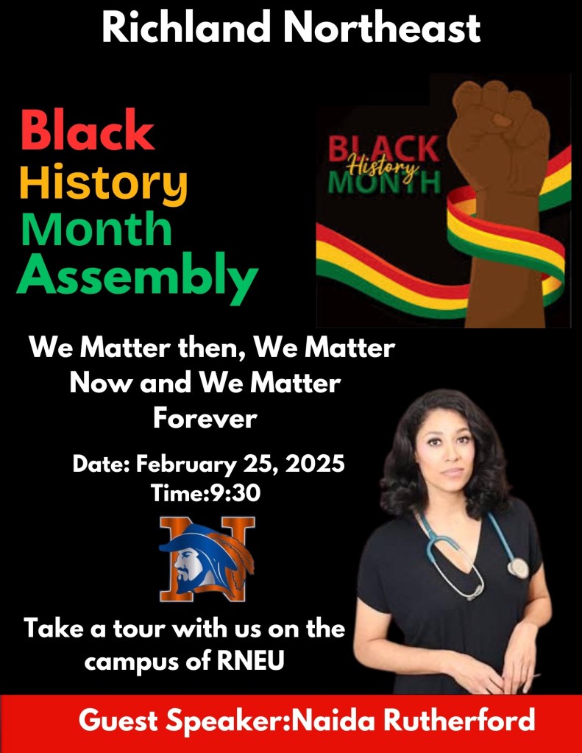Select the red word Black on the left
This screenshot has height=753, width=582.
click(x=87, y=131)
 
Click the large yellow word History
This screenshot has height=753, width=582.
click(x=103, y=181)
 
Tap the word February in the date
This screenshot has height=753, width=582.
click(x=188, y=465)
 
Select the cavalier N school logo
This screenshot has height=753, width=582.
click(x=207, y=557)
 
